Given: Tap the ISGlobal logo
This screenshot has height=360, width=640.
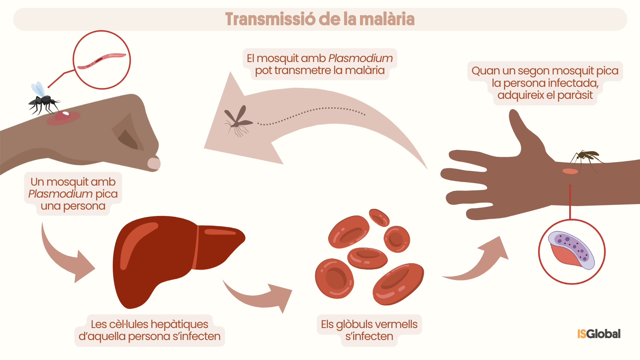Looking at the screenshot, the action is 599,334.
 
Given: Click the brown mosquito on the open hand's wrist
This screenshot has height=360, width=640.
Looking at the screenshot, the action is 585,160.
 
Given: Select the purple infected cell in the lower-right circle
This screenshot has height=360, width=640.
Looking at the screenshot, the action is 572,250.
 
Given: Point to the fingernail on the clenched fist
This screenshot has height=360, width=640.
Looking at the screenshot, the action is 154,164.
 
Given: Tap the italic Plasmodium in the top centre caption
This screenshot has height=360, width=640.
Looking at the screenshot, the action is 360,58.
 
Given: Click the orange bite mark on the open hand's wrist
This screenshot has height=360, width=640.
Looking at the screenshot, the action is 570,171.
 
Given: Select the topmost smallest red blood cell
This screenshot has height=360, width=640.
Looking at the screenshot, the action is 379,218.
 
